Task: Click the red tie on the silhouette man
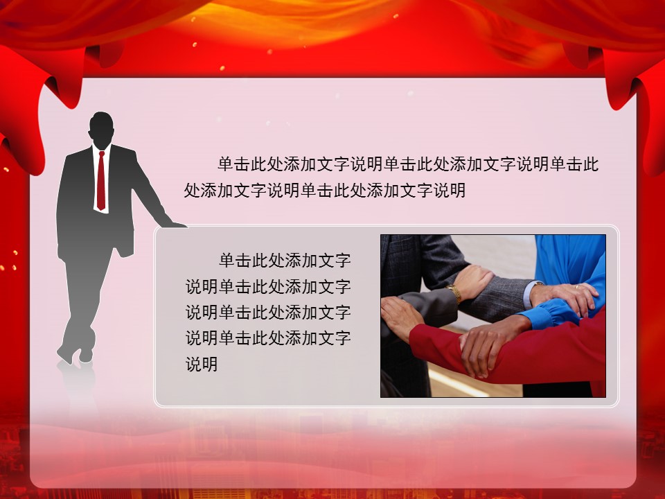pyautogui.click(x=101, y=181)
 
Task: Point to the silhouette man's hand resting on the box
pyautogui.click(x=175, y=224)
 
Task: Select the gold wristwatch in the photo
pyautogui.click(x=455, y=292)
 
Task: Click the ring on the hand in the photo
pyautogui.click(x=577, y=287)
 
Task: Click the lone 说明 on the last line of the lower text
pyautogui.click(x=202, y=365)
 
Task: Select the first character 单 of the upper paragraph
pyautogui.click(x=226, y=164)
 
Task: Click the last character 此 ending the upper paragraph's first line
pyautogui.click(x=590, y=164)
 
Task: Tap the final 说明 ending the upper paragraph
pyautogui.click(x=450, y=191)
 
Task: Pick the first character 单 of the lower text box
pyautogui.click(x=227, y=260)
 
